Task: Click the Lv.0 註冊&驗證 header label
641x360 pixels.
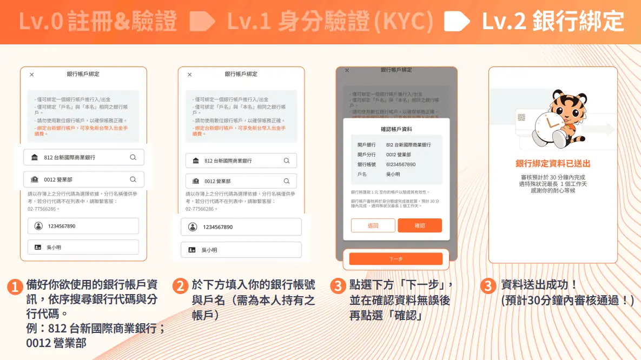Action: (98, 22)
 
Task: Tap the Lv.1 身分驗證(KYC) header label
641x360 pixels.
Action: (330, 22)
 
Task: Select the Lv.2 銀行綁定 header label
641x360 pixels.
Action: (552, 22)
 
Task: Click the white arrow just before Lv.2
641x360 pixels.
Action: (456, 22)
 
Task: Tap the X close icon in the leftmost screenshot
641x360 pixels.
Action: (31, 75)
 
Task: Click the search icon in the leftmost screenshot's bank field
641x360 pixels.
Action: (133, 157)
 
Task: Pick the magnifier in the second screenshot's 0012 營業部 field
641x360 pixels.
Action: (287, 181)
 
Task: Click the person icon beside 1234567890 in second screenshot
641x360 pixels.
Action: (192, 227)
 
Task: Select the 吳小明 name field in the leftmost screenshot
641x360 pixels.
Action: (83, 247)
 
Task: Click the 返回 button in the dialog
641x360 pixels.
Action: (373, 225)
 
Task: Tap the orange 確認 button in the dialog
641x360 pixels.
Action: (420, 225)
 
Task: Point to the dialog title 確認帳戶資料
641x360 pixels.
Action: (397, 129)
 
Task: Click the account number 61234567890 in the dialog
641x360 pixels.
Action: (401, 164)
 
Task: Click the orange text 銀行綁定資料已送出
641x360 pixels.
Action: (553, 163)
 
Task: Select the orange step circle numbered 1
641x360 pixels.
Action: (15, 286)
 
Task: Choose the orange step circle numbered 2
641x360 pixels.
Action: (180, 286)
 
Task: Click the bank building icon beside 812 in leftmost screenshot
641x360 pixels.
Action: (35, 157)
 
